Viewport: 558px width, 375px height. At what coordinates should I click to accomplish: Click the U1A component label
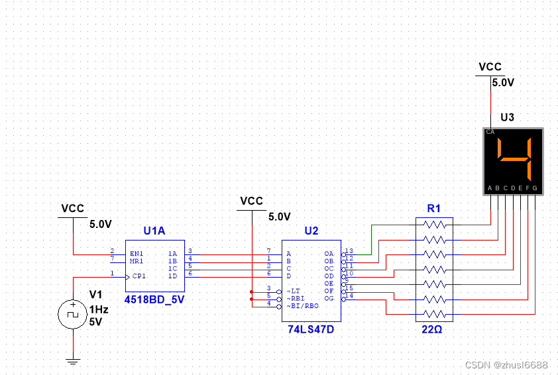point(154,231)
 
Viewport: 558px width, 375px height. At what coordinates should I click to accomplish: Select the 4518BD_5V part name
point(155,299)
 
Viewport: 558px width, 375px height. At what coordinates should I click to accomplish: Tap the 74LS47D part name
point(311,329)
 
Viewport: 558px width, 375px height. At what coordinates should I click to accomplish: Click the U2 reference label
point(311,231)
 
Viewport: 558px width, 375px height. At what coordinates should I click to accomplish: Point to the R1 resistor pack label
point(434,208)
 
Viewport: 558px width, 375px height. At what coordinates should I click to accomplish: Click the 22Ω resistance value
point(434,329)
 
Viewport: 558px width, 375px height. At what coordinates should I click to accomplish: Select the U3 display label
point(507,117)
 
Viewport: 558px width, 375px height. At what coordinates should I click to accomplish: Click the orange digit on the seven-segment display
point(514,160)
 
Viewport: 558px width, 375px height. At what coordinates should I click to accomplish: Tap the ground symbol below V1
point(73,361)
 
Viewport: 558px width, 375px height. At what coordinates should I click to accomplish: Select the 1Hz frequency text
point(100,309)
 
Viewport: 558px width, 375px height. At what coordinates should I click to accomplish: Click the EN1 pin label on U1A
point(137,253)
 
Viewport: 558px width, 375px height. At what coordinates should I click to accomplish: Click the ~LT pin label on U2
point(294,291)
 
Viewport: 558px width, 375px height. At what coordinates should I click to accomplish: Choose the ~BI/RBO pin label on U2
point(302,305)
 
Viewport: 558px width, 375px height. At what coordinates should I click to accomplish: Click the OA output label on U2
point(329,254)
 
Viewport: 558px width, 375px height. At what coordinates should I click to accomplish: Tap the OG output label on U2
point(329,297)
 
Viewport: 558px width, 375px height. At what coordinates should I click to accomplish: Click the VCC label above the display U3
point(490,67)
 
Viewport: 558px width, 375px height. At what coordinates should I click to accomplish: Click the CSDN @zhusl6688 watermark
point(506,365)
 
